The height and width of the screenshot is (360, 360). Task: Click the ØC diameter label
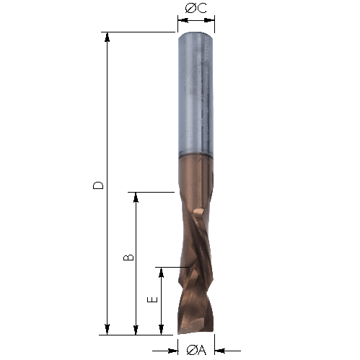click(196, 9)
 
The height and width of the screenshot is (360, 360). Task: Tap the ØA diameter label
click(196, 350)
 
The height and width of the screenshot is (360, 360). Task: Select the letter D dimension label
click(98, 185)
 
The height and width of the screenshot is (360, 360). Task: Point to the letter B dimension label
click(128, 258)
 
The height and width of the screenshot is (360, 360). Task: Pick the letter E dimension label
click(152, 299)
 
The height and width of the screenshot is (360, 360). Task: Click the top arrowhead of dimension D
click(107, 37)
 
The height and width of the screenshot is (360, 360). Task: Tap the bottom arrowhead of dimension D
click(107, 330)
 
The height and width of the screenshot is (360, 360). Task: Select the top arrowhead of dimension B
click(136, 198)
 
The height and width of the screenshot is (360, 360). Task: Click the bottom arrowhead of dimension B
click(136, 330)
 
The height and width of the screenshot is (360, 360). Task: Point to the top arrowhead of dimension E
click(162, 273)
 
